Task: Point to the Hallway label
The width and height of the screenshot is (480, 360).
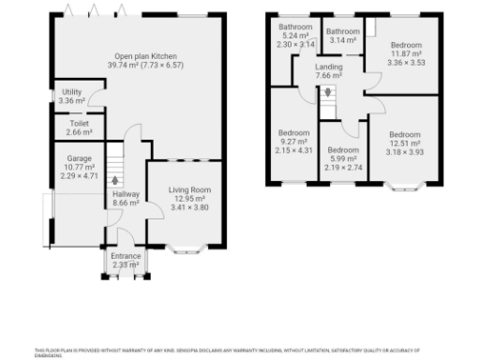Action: click(x=126, y=194)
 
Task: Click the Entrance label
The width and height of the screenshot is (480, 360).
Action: click(x=126, y=256)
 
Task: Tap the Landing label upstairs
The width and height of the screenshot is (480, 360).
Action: click(x=329, y=67)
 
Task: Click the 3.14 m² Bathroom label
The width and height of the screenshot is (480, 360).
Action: click(x=342, y=32)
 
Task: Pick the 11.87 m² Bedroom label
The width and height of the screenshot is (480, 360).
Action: click(x=406, y=45)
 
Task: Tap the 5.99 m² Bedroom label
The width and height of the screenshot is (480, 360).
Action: click(x=342, y=150)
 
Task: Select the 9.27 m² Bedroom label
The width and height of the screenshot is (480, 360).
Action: click(x=293, y=132)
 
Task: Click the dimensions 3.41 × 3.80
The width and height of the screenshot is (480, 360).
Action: click(x=189, y=207)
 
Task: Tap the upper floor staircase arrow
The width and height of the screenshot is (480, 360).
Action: click(x=326, y=93)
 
